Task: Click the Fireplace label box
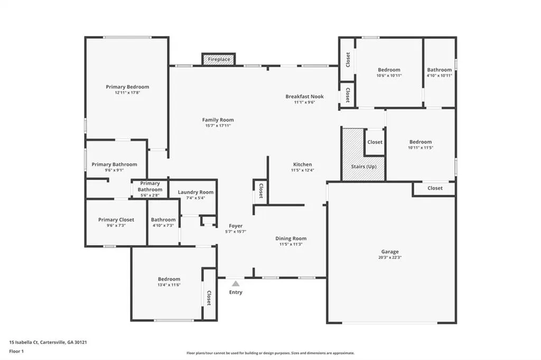219,59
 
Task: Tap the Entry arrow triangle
236,283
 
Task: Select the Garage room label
390,252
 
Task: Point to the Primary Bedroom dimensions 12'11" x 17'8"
127,93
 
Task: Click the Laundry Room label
195,192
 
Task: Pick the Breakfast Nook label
305,97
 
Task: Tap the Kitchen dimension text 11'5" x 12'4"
303,170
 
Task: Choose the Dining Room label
291,238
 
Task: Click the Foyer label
236,226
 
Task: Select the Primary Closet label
116,220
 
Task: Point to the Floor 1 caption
16,352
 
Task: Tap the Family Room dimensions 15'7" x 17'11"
218,126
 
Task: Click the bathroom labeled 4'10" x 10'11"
439,72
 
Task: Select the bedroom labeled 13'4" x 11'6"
169,282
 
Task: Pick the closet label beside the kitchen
261,191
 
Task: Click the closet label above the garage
435,188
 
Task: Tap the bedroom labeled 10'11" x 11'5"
421,145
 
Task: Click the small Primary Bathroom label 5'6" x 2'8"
150,190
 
